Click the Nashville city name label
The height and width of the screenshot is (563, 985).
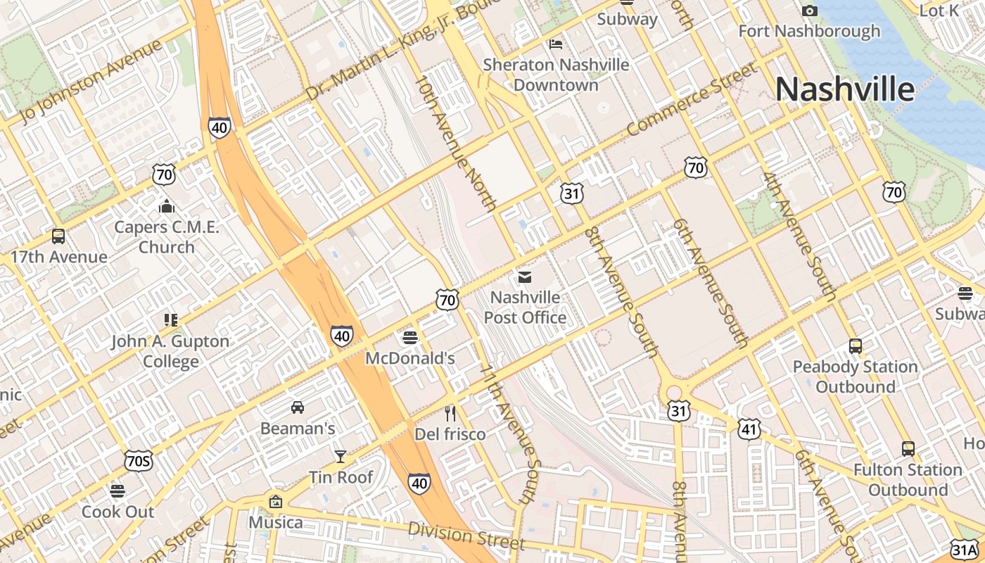(x=844, y=89)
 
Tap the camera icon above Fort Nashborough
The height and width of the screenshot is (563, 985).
(x=810, y=11)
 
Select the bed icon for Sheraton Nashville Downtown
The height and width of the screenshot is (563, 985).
(x=556, y=44)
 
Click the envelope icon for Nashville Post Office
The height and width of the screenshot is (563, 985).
(x=525, y=277)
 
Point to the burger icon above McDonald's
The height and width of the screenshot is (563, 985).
(x=410, y=339)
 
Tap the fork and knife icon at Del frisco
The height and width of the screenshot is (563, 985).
(x=450, y=414)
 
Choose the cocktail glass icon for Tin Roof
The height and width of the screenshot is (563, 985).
(x=341, y=457)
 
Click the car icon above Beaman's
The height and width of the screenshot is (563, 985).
(x=298, y=407)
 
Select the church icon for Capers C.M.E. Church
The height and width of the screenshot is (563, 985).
(x=167, y=207)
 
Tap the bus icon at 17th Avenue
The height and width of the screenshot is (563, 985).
(x=58, y=236)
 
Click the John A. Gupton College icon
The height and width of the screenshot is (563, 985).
(x=171, y=321)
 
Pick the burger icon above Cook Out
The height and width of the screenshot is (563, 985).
(x=117, y=491)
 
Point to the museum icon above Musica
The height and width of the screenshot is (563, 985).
(x=276, y=502)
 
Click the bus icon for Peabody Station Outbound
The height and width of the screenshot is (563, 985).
(x=856, y=346)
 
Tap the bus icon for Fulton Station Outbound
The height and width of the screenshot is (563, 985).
(x=908, y=449)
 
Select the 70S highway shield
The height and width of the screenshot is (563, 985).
(x=138, y=462)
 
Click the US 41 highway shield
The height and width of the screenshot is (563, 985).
(x=749, y=428)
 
